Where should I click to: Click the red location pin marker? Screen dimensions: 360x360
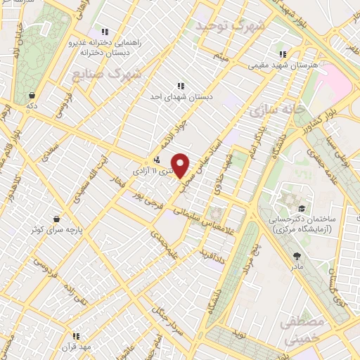click(x=181, y=165)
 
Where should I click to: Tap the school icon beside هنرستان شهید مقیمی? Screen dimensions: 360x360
click(x=283, y=54)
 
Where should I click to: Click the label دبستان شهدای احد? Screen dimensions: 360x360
click(x=181, y=96)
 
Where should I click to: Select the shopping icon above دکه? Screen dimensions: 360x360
click(x=32, y=95)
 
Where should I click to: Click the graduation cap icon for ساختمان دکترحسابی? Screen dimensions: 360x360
click(x=301, y=209)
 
